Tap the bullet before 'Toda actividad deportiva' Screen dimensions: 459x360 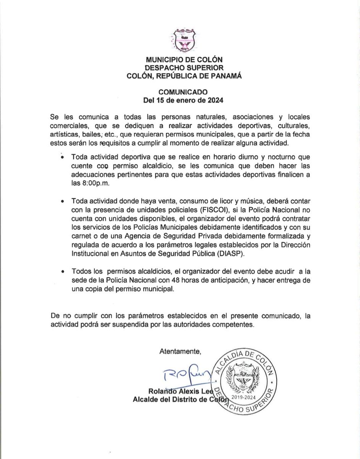click(61, 157)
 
